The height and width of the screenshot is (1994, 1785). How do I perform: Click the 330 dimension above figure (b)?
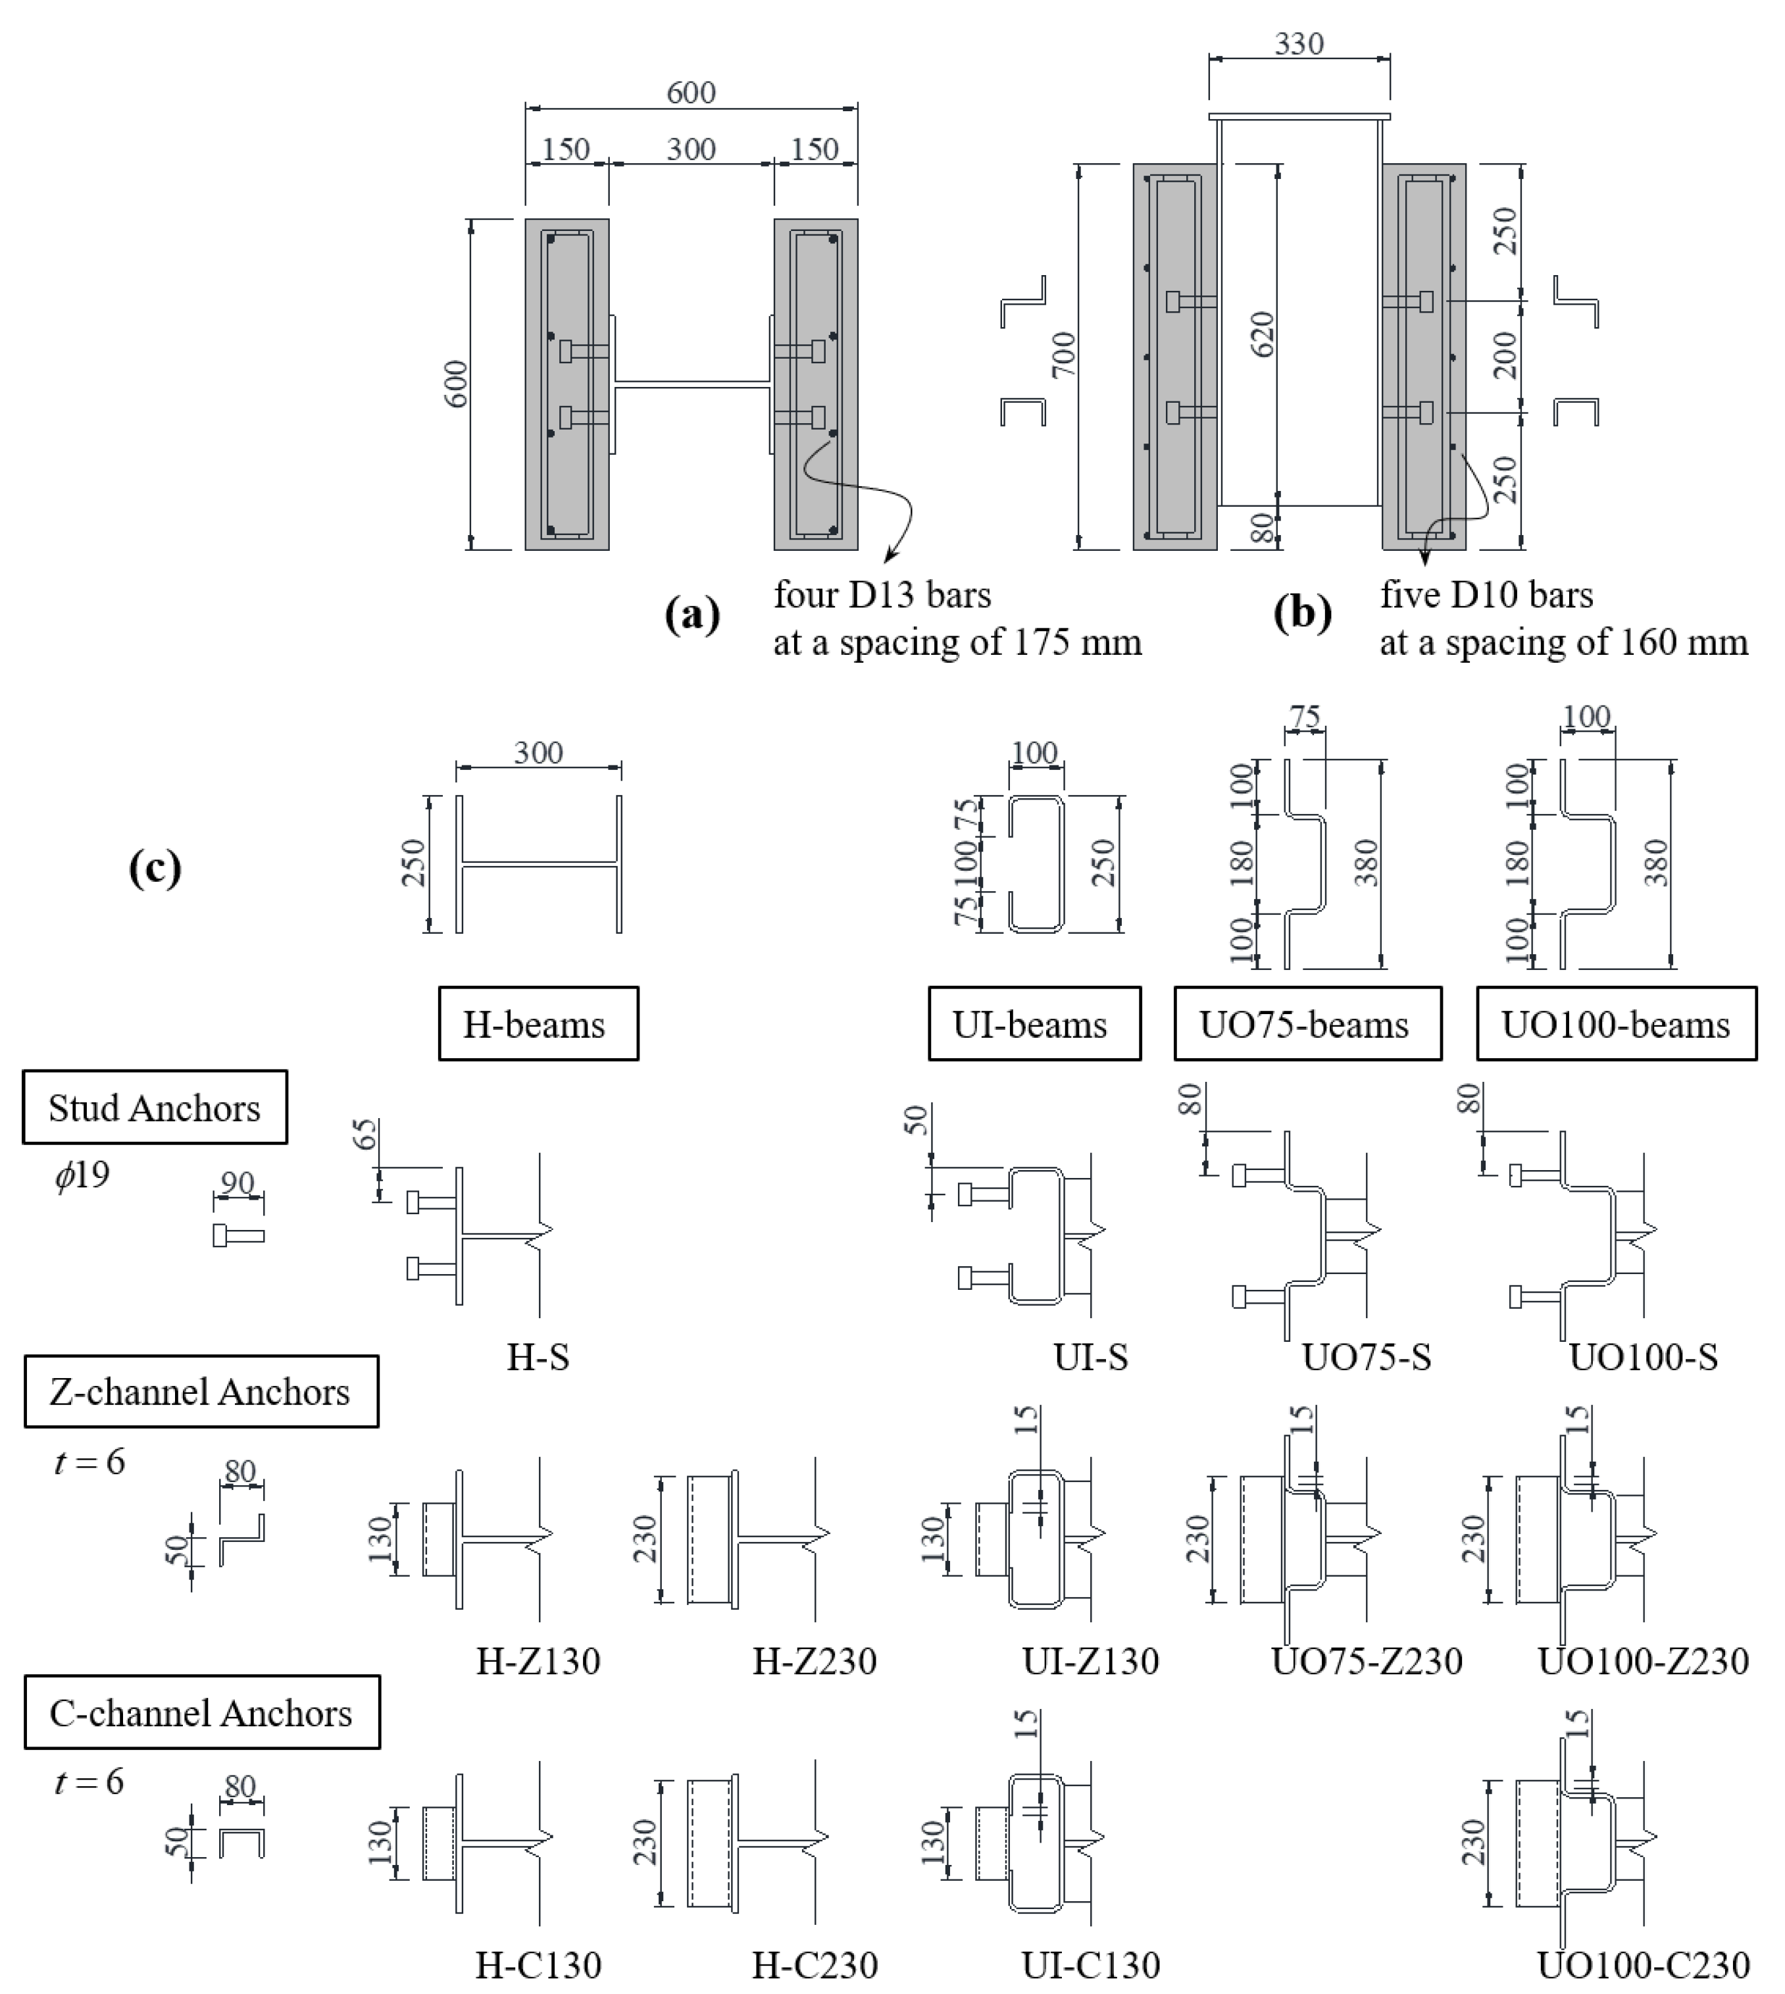tap(1299, 43)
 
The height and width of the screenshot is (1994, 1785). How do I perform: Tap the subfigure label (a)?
tap(692, 615)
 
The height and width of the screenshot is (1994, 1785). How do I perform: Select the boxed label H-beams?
tap(538, 1024)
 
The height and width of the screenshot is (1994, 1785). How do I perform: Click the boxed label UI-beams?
tap(1034, 1024)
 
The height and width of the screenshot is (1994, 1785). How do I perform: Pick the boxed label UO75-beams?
tap(1307, 1024)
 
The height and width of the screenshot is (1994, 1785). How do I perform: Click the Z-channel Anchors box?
tap(201, 1392)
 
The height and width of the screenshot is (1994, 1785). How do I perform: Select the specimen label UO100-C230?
tap(1643, 1964)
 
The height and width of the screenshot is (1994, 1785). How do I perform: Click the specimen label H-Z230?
tap(814, 1660)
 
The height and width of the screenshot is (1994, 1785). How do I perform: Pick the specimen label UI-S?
tap(1091, 1358)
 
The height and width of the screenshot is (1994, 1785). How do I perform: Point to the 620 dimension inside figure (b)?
tap(1263, 334)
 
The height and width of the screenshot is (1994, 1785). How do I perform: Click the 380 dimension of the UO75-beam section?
tap(1365, 863)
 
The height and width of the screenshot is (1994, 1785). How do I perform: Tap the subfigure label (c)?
tap(155, 868)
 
